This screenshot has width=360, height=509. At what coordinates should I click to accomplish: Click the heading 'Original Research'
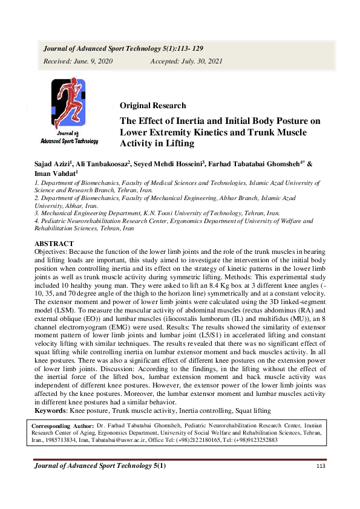pos(152,106)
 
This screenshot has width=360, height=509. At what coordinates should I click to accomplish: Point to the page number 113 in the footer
pos(321,466)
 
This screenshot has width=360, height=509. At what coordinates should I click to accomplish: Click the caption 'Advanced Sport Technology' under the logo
pos(69,141)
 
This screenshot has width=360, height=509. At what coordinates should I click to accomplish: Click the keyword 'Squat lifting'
pos(250,411)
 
